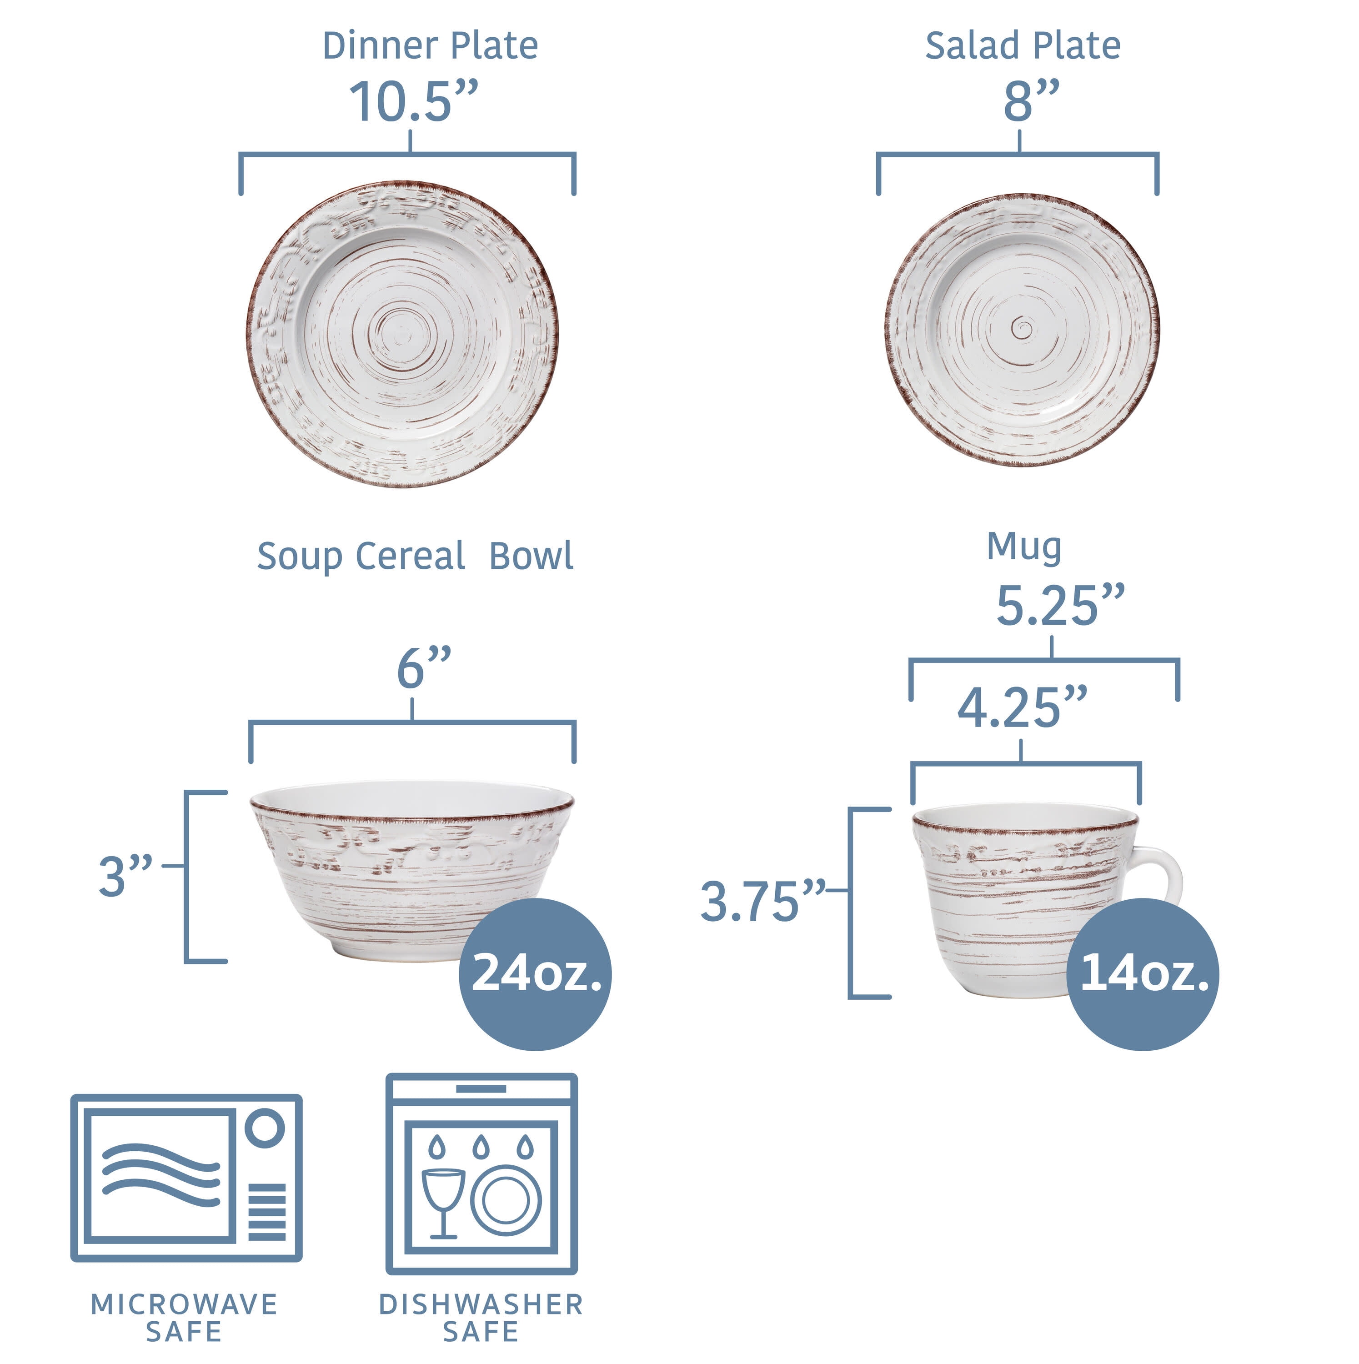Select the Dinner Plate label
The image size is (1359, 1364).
[x=430, y=46]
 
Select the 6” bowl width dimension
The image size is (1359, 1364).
[x=424, y=667]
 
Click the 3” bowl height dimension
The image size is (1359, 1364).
[x=125, y=876]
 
